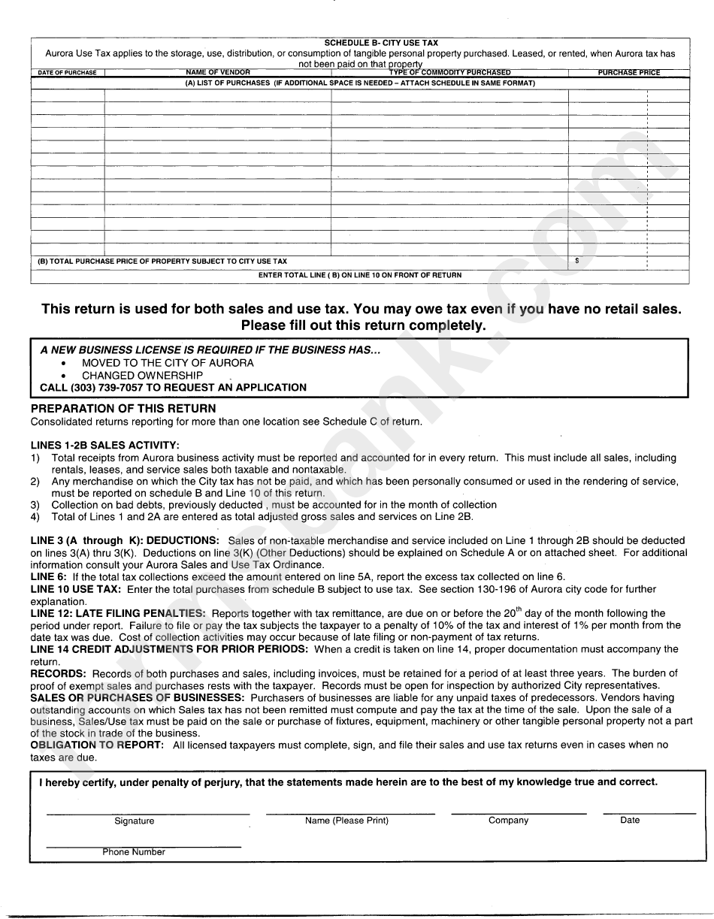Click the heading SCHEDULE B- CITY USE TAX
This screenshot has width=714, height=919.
(x=380, y=44)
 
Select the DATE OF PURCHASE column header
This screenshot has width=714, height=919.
(x=68, y=73)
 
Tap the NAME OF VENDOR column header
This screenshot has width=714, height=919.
(x=218, y=73)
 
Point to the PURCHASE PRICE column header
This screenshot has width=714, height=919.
(x=628, y=73)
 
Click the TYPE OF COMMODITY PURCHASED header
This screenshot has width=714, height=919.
(x=449, y=73)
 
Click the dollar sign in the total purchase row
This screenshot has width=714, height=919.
(x=576, y=261)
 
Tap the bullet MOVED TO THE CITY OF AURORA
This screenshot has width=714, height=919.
(x=168, y=363)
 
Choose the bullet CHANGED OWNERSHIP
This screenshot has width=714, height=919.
(x=142, y=376)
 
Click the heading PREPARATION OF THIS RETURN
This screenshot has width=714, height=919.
(x=123, y=409)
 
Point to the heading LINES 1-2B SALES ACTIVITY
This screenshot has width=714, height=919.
(x=105, y=445)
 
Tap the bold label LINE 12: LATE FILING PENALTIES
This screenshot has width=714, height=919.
(x=118, y=613)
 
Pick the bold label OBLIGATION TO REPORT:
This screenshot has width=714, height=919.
(x=97, y=745)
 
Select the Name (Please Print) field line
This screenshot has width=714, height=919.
(x=350, y=812)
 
